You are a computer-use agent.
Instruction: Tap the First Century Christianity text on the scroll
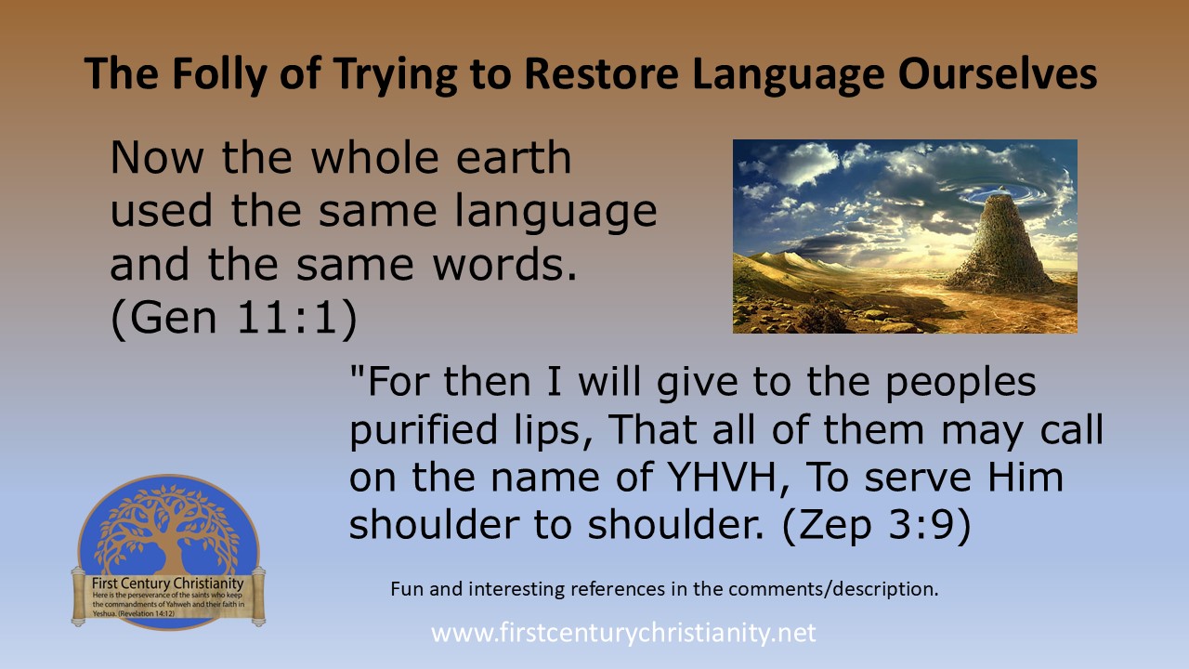[167, 583]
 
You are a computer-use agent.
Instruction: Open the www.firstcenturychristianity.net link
[623, 634]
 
